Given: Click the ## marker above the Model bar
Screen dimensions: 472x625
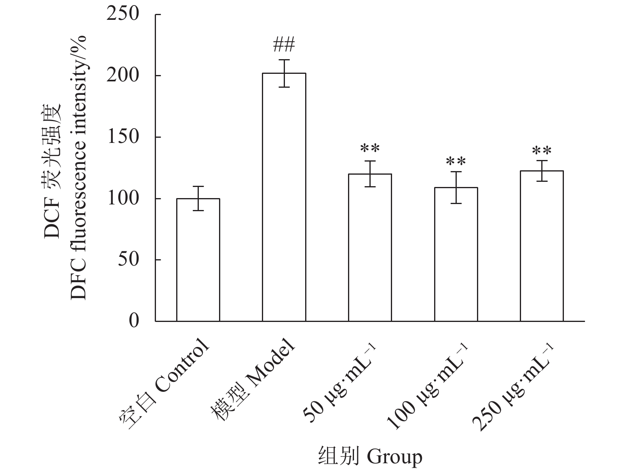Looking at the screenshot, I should coord(284,44).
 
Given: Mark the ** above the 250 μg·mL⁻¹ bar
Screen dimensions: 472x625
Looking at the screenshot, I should coord(542,151).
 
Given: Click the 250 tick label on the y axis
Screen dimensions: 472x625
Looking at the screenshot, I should coord(123,14).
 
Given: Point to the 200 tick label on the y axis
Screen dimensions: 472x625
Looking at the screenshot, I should coord(123,75).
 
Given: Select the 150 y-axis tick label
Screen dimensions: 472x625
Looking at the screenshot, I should coord(123,137).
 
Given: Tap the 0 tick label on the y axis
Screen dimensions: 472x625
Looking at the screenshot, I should coord(134,321).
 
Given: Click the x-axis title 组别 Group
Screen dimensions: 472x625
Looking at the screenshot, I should coord(370,457).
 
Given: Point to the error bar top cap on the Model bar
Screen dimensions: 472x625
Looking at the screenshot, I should coord(284,60).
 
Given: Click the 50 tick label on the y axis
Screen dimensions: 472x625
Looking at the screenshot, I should coord(129,260).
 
